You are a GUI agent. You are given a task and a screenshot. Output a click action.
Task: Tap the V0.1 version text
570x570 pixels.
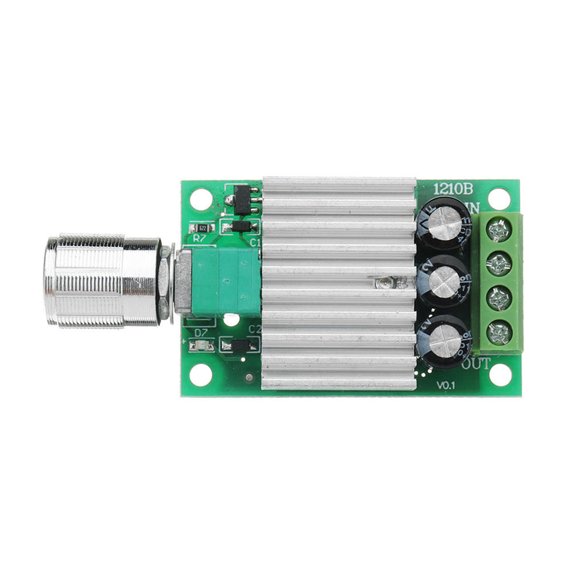pyautogui.click(x=446, y=385)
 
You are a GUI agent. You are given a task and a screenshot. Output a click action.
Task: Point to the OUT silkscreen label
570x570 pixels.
pyautogui.click(x=476, y=364)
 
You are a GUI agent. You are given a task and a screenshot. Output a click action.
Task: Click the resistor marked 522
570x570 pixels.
pyautogui.click(x=202, y=228)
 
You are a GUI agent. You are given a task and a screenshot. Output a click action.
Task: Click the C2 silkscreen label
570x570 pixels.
pyautogui.click(x=254, y=329)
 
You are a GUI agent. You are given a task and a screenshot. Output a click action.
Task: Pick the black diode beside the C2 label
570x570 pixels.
pyautogui.click(x=240, y=345)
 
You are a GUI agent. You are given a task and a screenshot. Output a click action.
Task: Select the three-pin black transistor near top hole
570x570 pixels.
pyautogui.click(x=243, y=200)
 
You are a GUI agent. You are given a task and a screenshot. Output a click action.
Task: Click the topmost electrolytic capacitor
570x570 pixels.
pyautogui.click(x=444, y=224)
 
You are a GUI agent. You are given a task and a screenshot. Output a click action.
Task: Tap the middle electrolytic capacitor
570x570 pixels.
pyautogui.click(x=444, y=281)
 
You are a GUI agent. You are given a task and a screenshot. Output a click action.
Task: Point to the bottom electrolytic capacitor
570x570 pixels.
pyautogui.click(x=444, y=342)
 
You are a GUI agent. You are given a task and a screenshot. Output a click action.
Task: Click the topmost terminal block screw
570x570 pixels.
pyautogui.click(x=498, y=229)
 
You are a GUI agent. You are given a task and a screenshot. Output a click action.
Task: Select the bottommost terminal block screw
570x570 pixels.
pyautogui.click(x=498, y=333)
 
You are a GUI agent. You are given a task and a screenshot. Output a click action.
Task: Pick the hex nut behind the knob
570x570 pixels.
pyautogui.click(x=164, y=281)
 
